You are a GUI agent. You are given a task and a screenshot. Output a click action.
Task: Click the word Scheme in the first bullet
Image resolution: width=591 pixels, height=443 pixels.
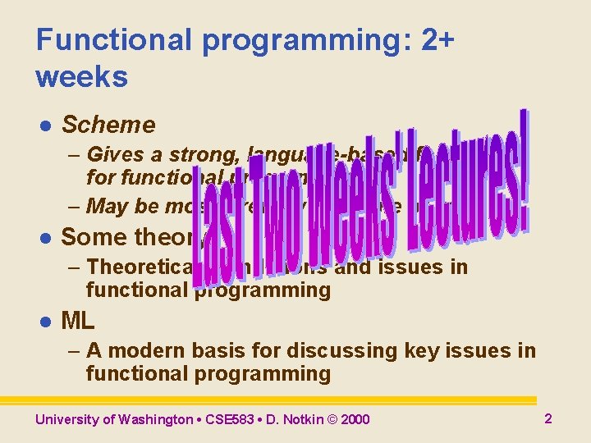click(x=108, y=125)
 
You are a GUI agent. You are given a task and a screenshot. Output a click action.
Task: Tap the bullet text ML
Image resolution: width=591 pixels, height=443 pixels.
click(x=78, y=321)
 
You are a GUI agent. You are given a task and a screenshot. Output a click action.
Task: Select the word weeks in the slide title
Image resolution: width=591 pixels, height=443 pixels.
click(x=82, y=77)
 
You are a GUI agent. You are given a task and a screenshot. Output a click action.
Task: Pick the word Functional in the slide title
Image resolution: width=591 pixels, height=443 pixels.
click(x=102, y=39)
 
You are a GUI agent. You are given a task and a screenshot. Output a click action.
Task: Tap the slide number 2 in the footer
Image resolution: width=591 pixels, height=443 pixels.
click(x=548, y=418)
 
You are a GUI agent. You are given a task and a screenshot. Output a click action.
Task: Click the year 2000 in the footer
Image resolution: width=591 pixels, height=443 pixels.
click(x=355, y=420)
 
